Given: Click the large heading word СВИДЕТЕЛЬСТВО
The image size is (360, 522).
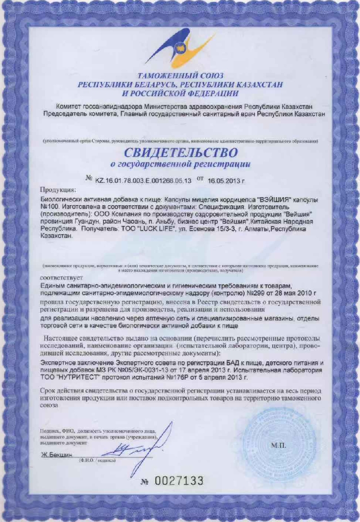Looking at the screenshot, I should tap(180, 151).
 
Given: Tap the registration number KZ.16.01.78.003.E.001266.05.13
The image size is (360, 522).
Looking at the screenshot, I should tap(144, 180).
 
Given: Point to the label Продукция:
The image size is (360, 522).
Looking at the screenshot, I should tap(58, 189).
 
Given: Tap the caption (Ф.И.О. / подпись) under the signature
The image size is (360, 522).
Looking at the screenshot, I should tap(97, 461).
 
